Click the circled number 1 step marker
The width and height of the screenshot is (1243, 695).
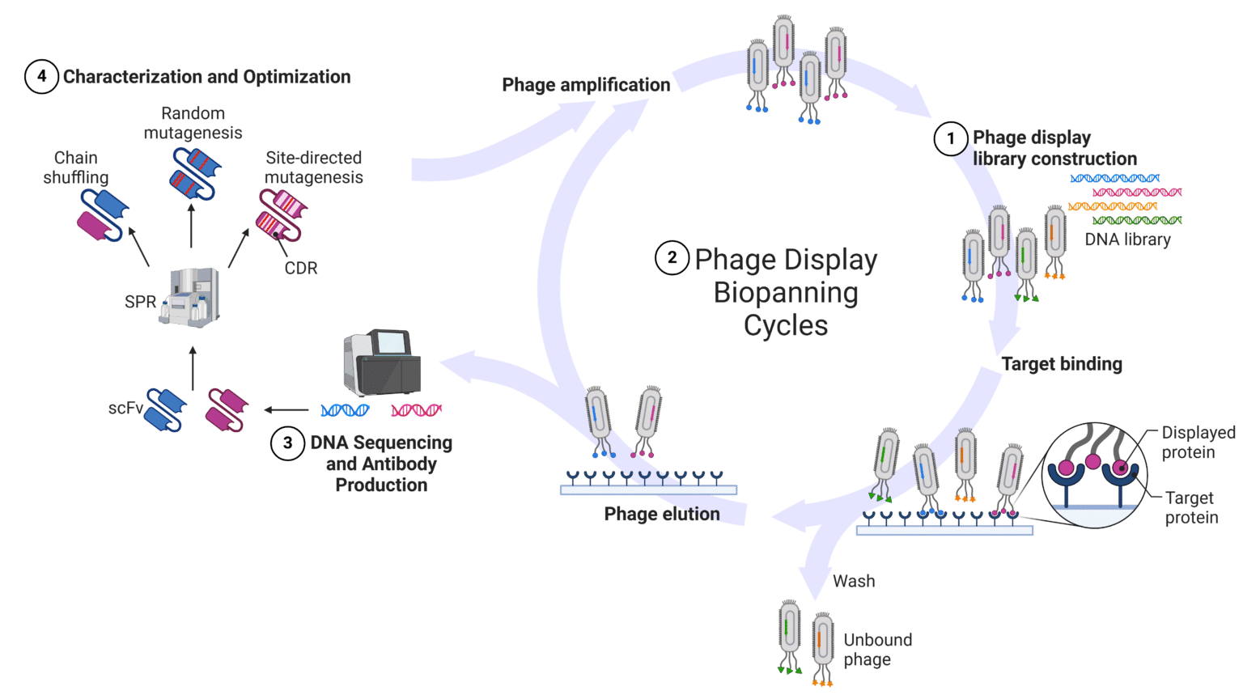[951, 138]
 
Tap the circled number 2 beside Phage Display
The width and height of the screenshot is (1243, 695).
[672, 259]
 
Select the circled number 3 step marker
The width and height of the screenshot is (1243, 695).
[287, 443]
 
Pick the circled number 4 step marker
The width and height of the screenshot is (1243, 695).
[41, 77]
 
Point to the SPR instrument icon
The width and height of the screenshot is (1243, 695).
[190, 298]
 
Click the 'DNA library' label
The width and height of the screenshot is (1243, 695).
[1127, 239]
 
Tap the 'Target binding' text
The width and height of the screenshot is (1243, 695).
[1062, 364]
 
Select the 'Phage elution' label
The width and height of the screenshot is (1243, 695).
[661, 515]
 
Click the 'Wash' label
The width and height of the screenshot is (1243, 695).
[854, 581]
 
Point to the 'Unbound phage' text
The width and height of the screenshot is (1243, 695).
[877, 650]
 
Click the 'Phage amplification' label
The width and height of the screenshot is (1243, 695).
[586, 85]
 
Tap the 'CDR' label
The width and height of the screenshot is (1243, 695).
[301, 268]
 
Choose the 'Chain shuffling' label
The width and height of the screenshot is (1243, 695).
[76, 167]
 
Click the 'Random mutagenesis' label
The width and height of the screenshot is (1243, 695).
[193, 123]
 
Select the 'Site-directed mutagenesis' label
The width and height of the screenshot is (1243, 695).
[313, 167]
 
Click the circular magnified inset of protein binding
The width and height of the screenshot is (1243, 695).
[1093, 476]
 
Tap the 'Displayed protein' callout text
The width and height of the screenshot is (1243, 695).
[1198, 443]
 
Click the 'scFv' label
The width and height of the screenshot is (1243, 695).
[125, 409]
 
